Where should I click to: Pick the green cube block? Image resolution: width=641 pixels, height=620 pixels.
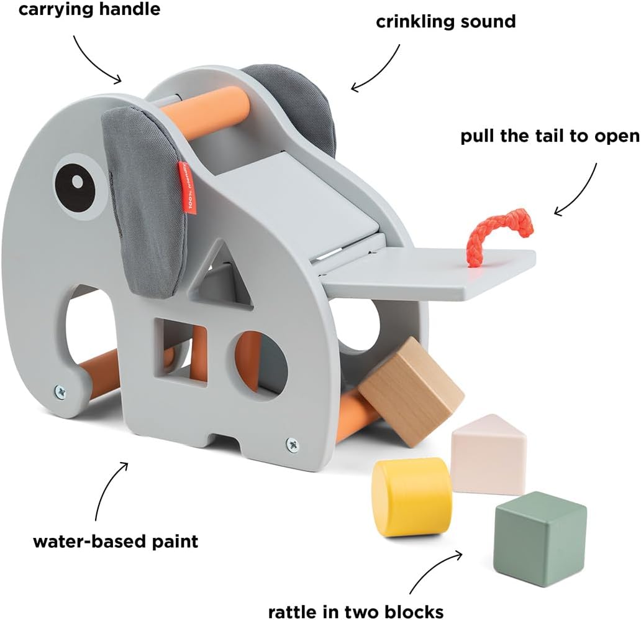click(x=540, y=535)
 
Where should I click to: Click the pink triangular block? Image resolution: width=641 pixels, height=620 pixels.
click(x=489, y=455)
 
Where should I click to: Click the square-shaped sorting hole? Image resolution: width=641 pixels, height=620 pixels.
click(x=180, y=353)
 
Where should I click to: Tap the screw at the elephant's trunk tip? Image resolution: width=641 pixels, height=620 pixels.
click(x=60, y=391)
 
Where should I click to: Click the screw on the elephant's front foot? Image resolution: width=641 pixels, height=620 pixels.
click(x=293, y=444)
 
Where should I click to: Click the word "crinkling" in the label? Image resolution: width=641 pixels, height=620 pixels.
click(x=415, y=22)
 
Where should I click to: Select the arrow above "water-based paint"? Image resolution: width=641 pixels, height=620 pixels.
click(x=106, y=488)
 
